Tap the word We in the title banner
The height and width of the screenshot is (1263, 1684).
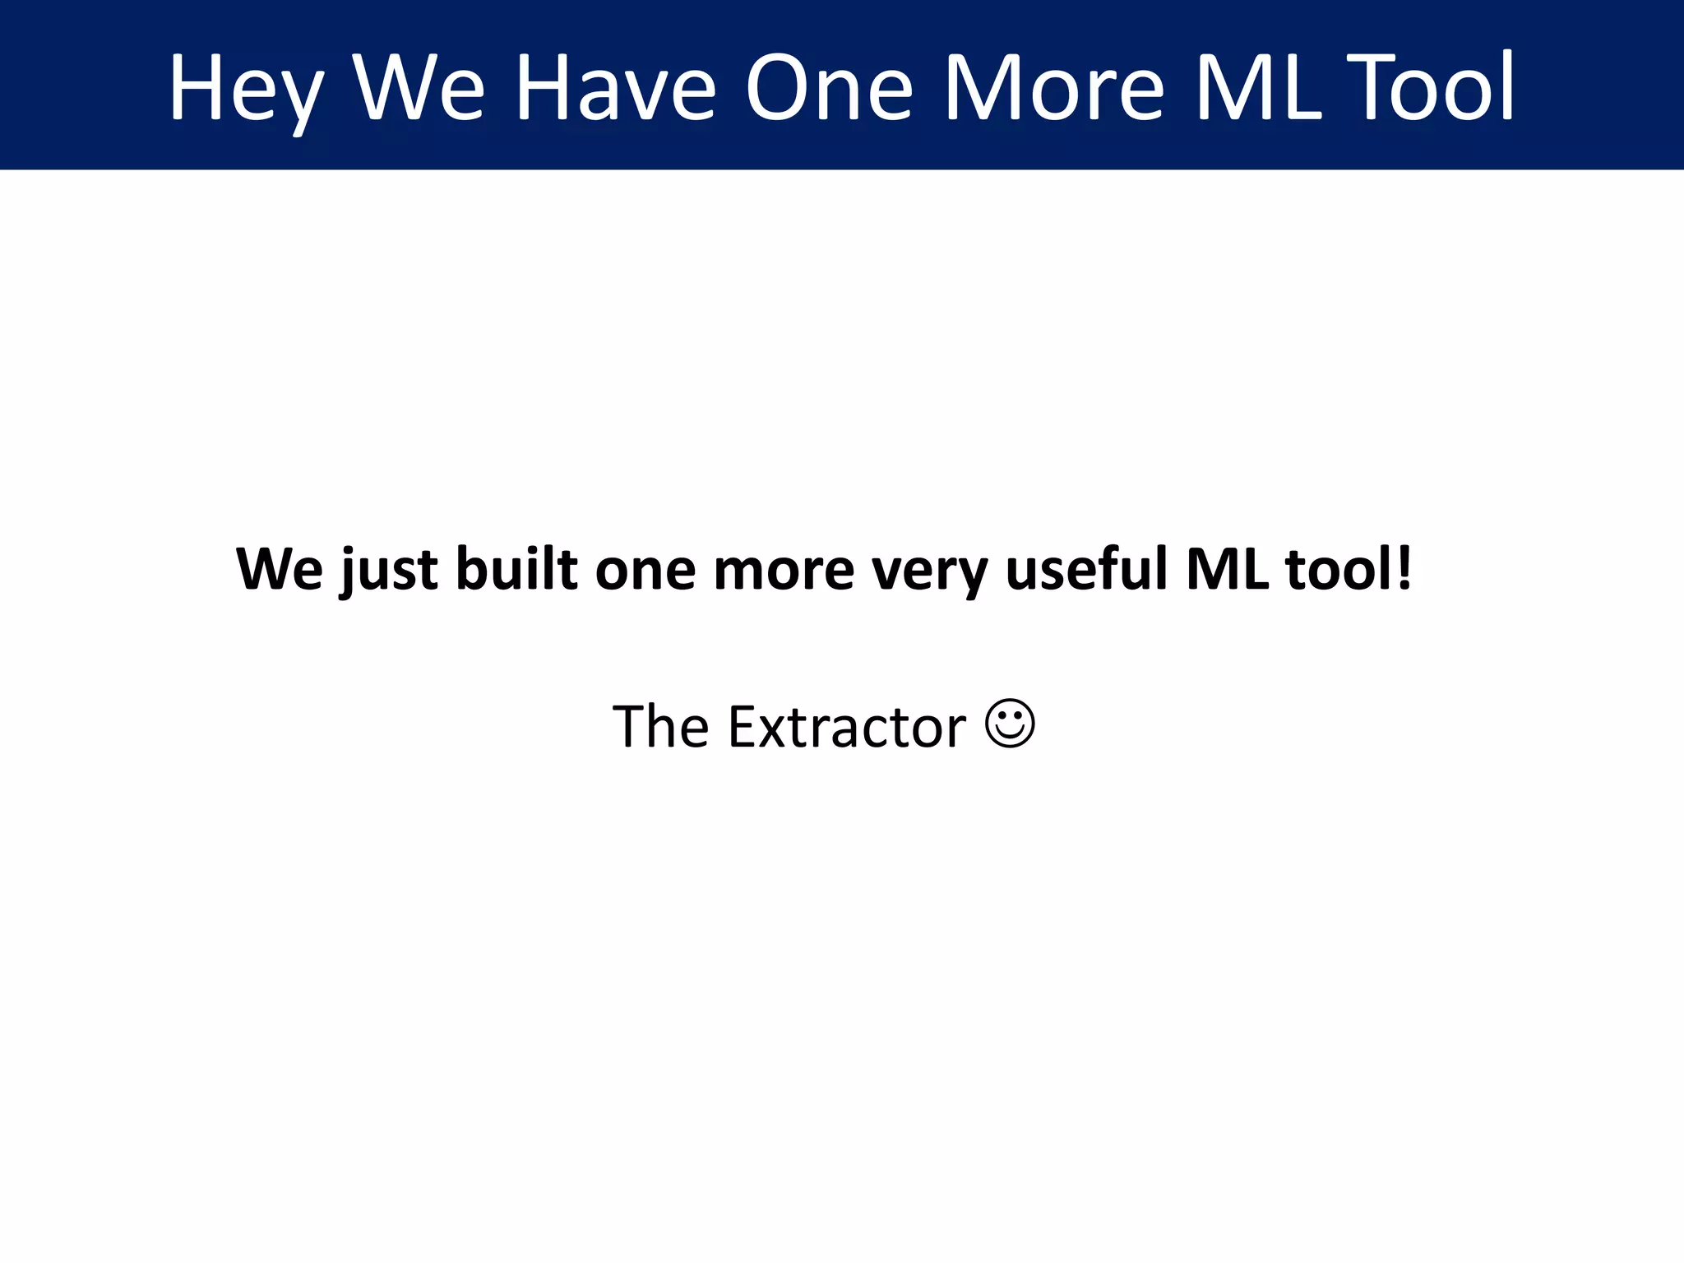click(419, 89)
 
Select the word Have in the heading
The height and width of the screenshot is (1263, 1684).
click(616, 89)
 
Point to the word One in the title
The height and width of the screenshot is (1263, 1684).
click(829, 89)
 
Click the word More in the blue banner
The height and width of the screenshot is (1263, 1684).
click(1053, 89)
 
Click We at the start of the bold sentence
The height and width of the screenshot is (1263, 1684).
click(280, 569)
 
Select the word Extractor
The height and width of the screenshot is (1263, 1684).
click(847, 727)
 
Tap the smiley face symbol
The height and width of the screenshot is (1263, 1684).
click(1010, 724)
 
